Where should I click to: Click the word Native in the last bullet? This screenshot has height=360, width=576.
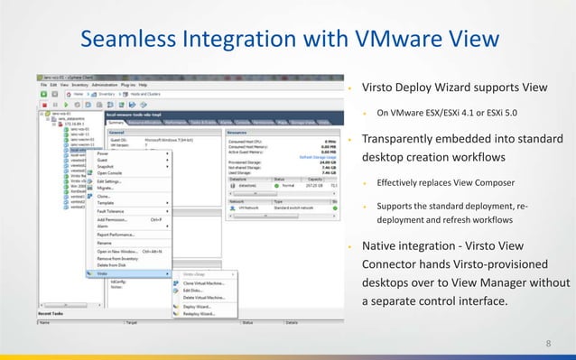(379, 246)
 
